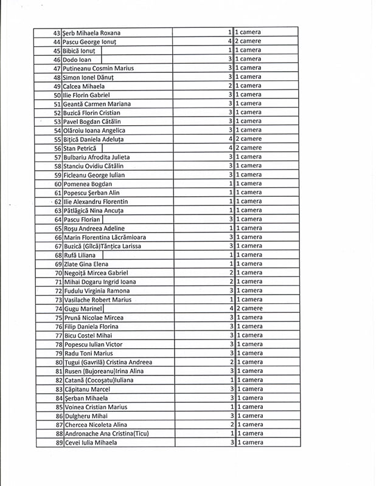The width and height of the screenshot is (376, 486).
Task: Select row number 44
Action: (57, 41)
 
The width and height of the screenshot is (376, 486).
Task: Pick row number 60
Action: (57, 184)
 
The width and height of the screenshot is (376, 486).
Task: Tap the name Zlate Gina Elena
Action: (86, 264)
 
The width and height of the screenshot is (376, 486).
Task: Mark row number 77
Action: (57, 335)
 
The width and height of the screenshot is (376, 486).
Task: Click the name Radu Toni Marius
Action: (89, 354)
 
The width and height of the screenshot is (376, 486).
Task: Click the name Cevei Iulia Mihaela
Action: (90, 443)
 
